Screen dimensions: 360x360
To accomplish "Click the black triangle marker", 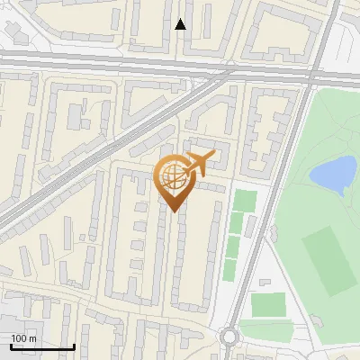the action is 181,24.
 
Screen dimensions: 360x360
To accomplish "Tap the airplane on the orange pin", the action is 197,164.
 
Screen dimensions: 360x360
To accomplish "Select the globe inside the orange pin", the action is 174,178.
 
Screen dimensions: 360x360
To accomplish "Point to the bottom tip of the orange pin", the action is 174,211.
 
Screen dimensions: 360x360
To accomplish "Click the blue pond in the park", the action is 332,174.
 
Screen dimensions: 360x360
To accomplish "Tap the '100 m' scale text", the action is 24,337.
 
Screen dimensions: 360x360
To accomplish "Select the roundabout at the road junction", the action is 229,337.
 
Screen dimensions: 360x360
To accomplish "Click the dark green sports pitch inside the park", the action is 328,260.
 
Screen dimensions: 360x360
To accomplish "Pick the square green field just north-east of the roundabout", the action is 267,305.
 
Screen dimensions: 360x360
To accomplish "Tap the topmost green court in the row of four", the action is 245,200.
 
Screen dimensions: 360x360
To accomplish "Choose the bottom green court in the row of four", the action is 229,268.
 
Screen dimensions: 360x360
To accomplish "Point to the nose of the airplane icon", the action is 214,156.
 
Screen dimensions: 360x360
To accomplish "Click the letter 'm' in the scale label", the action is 32,337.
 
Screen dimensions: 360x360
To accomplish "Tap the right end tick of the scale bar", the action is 73,346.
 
